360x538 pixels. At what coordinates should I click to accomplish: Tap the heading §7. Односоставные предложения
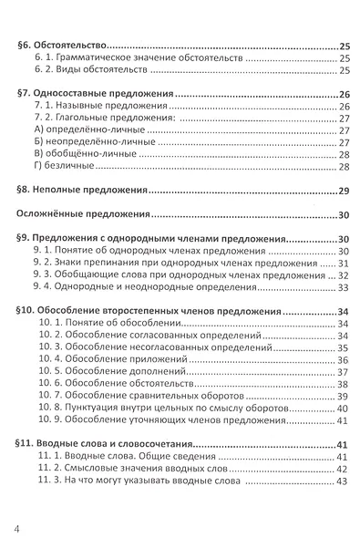(94, 94)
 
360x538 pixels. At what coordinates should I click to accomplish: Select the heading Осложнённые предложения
(83, 215)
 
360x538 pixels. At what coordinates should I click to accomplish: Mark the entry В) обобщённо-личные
(76, 154)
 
